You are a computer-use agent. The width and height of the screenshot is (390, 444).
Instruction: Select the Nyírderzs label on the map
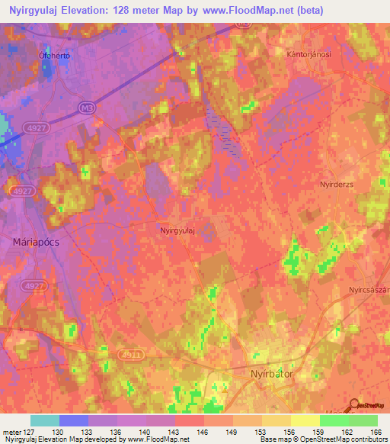click(x=337, y=185)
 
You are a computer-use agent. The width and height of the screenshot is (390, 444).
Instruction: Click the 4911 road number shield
click(x=131, y=356)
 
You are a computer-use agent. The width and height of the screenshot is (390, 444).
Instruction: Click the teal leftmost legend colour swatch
click(x=45, y=420)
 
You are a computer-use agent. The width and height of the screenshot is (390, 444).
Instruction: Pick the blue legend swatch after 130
click(x=74, y=420)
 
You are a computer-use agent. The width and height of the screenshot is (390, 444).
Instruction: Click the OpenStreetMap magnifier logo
click(x=354, y=407)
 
